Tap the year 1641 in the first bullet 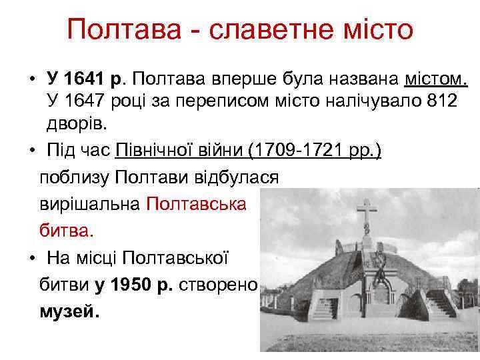click(x=86, y=80)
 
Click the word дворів click(x=75, y=123)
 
